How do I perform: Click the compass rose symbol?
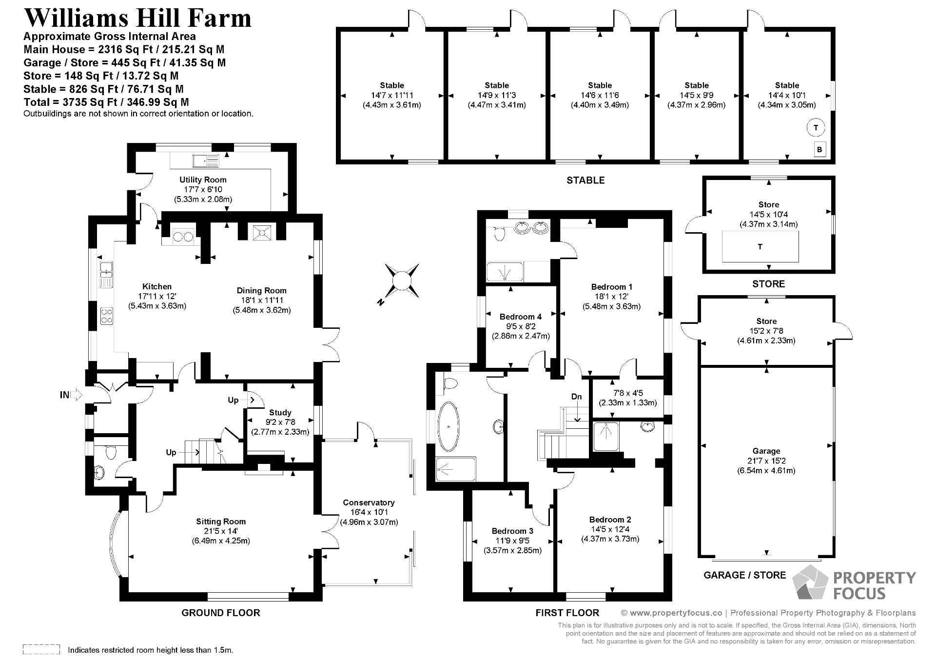pos(402,281)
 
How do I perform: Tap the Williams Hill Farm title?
pos(137,18)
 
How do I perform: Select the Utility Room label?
pos(203,180)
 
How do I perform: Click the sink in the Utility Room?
pos(206,160)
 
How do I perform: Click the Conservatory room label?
pos(369,502)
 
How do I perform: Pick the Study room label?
pos(280,413)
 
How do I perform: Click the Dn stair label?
pos(576,397)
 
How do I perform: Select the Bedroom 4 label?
pos(520,317)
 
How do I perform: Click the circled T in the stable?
pos(816,128)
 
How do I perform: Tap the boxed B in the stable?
pos(819,150)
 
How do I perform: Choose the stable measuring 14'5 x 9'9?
pos(696,95)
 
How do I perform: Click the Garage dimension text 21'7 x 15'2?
pos(766,461)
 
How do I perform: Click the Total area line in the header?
pos(106,102)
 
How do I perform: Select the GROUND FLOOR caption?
pos(221,613)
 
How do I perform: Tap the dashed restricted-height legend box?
pos(41,649)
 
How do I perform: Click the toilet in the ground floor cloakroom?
pos(111,452)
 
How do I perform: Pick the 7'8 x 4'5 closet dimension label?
pos(627,393)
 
